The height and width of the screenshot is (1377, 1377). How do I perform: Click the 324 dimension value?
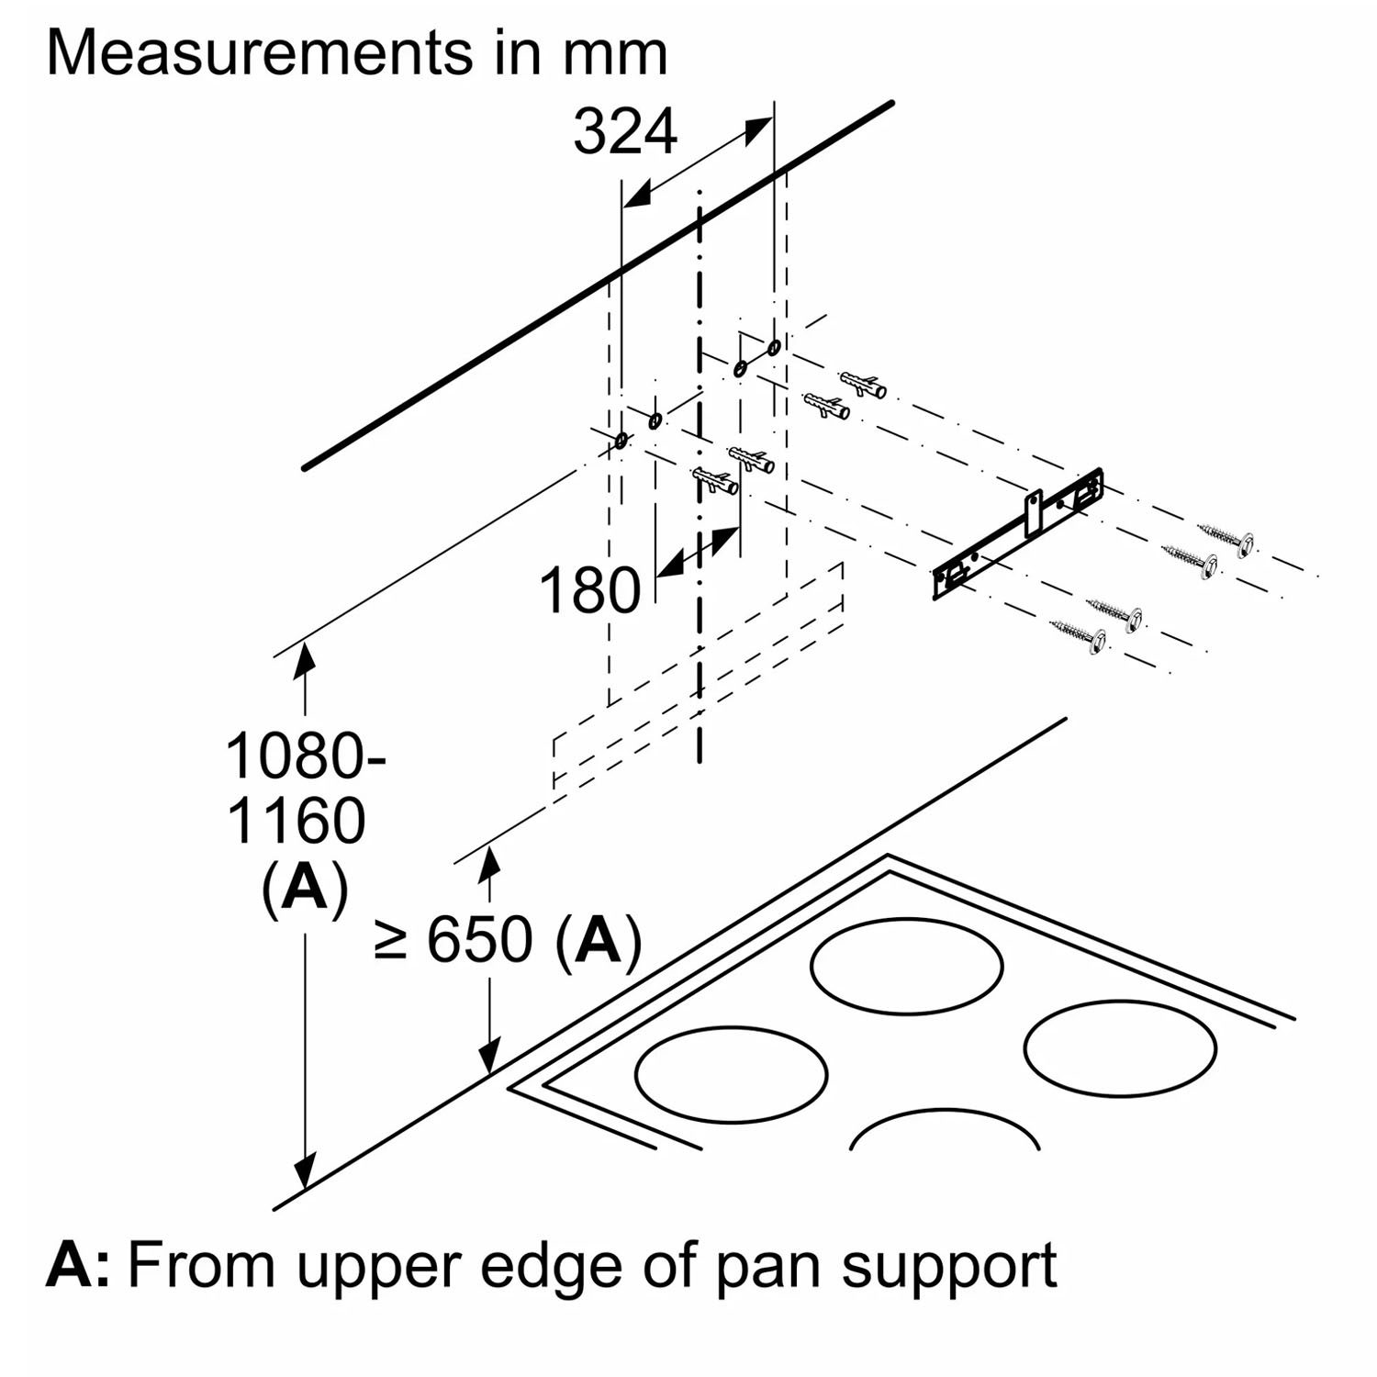[x=625, y=132]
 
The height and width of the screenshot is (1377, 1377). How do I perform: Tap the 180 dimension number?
[x=589, y=590]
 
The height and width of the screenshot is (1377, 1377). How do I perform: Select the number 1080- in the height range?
[x=305, y=757]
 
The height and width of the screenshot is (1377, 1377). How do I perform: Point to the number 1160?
[x=296, y=821]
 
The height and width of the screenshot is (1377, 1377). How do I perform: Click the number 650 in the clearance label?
[x=479, y=940]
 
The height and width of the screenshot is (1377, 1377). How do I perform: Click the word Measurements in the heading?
[x=259, y=53]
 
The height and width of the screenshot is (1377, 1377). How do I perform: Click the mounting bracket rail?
[x=1019, y=533]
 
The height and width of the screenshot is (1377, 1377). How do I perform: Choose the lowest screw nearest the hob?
[x=1080, y=634]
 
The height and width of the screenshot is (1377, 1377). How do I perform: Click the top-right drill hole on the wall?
[x=774, y=347]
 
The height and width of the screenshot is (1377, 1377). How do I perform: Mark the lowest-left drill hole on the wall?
[x=621, y=442]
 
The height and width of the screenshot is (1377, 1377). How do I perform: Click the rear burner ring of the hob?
[x=906, y=966]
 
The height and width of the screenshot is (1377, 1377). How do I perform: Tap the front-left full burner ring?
[x=731, y=1073]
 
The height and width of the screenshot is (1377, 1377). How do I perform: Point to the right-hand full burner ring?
[x=1120, y=1047]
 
